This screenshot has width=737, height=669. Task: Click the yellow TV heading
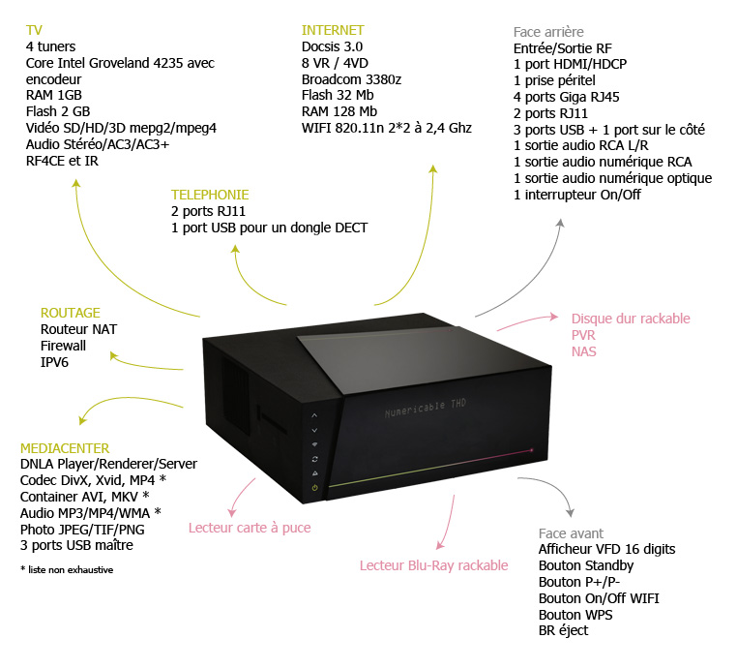(34, 30)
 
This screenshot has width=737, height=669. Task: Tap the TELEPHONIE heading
(210, 195)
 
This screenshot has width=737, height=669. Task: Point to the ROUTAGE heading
(71, 313)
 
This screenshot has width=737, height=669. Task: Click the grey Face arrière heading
(548, 32)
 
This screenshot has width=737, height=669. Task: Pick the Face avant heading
(571, 533)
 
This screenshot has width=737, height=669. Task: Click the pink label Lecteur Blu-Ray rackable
(433, 565)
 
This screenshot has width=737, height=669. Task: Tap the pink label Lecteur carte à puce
(250, 528)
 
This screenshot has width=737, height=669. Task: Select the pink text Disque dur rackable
(631, 319)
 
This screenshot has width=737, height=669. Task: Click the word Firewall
(63, 346)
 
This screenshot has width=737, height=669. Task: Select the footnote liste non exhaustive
(67, 570)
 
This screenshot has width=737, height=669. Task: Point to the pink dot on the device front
(532, 450)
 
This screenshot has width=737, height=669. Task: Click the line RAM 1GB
(54, 96)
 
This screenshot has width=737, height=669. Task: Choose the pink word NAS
(584, 351)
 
